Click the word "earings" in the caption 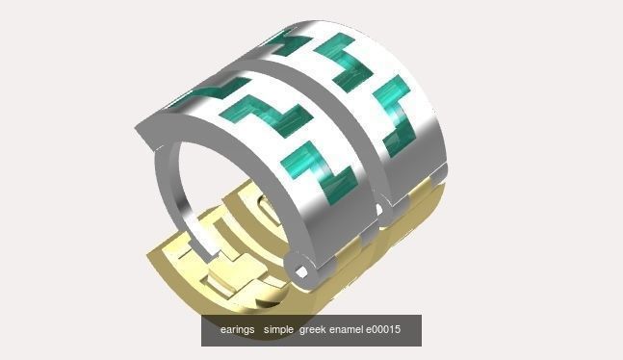pos(237,330)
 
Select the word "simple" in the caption pos(278,330)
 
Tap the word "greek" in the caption pos(312,330)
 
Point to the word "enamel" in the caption pos(346,330)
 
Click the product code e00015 pos(382,330)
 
